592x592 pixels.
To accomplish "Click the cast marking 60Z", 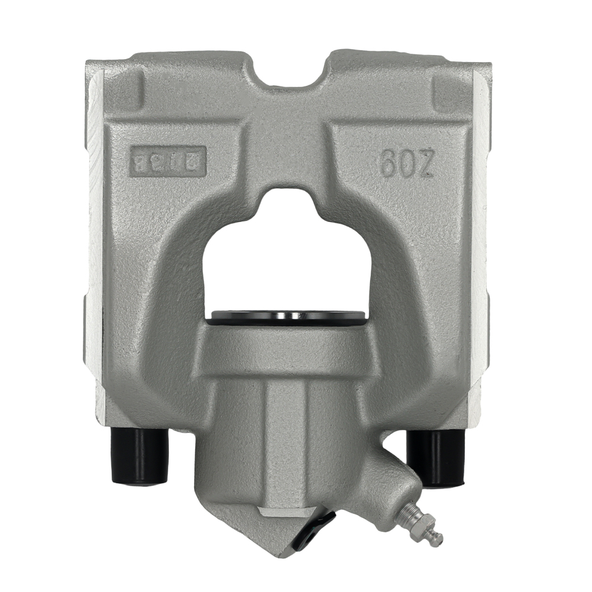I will click(x=407, y=162).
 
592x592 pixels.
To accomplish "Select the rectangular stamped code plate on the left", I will click(x=168, y=160).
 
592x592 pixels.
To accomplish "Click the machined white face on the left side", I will click(x=94, y=237).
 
